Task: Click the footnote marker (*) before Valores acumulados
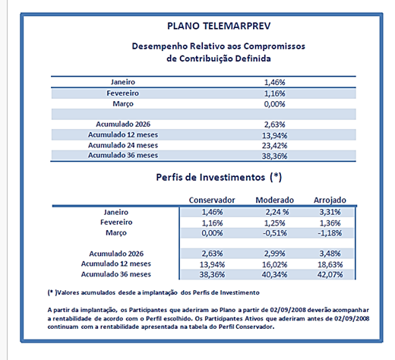click(52, 292)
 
